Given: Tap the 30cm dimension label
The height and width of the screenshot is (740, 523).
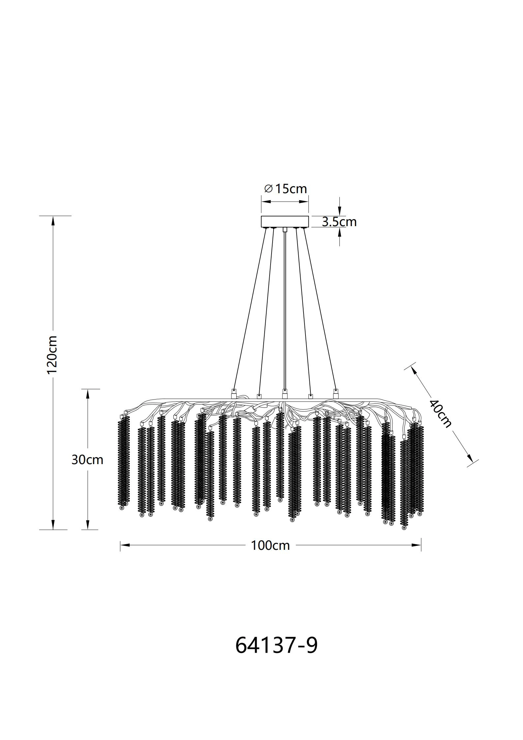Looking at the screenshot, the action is [87, 460].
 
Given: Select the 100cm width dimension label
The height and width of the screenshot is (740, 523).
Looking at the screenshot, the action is [270, 546].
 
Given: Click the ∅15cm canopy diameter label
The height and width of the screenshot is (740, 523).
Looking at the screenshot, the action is [285, 189].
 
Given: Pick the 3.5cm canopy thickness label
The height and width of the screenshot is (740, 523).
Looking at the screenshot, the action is [339, 222].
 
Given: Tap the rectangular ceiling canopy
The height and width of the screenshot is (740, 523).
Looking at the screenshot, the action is [285, 222].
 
